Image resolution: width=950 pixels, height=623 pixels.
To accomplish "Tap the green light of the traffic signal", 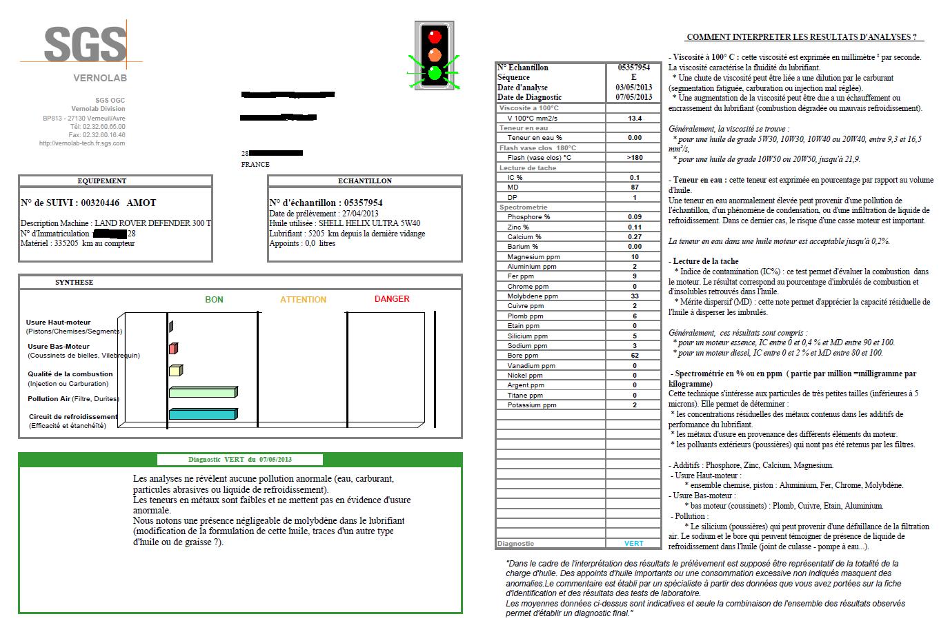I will coord(435,72).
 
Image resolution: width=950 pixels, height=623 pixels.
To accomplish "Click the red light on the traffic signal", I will coord(435,36).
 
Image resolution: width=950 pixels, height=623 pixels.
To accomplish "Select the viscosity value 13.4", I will coord(634,119).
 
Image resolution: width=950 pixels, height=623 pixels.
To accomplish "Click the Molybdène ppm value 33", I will coord(634,296).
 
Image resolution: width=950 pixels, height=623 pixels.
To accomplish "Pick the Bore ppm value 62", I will coord(634,356).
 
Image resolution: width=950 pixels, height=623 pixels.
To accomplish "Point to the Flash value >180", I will coord(634,158).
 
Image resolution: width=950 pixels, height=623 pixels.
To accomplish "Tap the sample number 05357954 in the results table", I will coord(634,68).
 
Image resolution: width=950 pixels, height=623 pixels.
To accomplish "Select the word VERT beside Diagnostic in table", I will coord(633,544).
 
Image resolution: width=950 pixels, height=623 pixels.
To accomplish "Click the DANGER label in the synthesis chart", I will coord(392,299).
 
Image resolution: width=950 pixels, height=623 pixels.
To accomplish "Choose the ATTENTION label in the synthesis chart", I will coord(303,300).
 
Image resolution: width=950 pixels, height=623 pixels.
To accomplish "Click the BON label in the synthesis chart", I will coord(214,300).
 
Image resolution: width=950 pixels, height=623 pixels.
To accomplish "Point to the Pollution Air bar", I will coord(203,392).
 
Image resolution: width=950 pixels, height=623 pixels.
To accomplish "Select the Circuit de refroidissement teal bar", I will coord(202,414).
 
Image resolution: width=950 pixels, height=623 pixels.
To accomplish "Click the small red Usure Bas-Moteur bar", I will coord(173,349).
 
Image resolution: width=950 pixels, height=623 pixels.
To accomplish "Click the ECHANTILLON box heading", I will coord(365,181).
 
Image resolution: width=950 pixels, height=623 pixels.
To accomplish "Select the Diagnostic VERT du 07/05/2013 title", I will coord(240,460).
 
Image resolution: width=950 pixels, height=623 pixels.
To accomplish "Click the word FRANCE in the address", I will coord(255,165).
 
